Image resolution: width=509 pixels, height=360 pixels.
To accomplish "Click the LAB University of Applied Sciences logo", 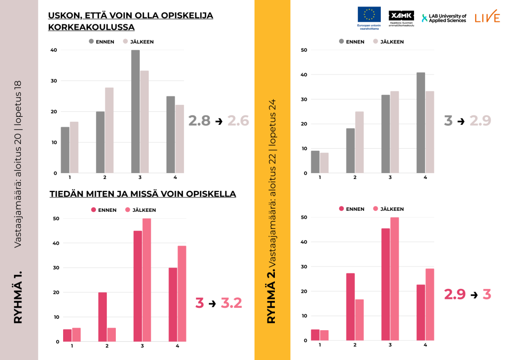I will (x=444, y=18).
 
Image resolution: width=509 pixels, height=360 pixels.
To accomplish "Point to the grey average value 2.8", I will (x=199, y=120).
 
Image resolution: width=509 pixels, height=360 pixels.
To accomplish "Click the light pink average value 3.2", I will (x=231, y=302).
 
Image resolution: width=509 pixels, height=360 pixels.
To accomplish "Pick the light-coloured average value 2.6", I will (x=238, y=120).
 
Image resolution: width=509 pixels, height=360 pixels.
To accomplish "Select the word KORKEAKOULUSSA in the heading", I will (x=91, y=27).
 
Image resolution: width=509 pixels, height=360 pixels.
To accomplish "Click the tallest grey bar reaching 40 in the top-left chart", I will (x=136, y=111).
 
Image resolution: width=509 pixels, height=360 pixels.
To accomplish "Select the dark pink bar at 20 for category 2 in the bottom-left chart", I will (x=102, y=317).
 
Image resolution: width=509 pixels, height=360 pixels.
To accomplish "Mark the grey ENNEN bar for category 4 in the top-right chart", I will (x=421, y=123).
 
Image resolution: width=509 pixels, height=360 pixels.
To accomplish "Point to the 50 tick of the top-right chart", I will (x=304, y=50).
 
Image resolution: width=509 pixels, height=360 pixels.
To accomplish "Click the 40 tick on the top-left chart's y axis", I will (x=54, y=50).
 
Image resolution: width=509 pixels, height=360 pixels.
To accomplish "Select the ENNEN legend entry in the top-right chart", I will (x=351, y=42).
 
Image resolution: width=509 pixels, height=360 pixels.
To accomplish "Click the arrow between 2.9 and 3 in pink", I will (x=474, y=294).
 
